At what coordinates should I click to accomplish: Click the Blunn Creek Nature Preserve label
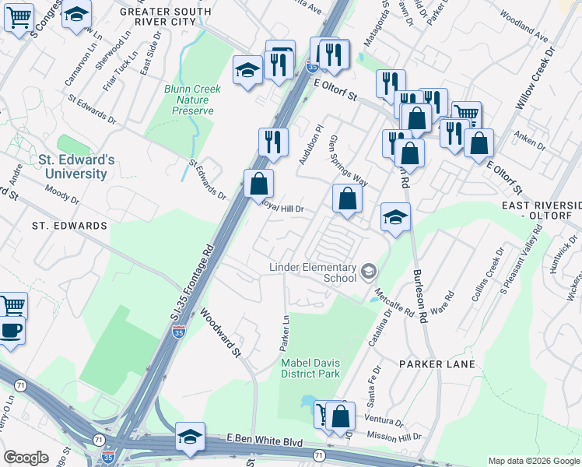(192, 100)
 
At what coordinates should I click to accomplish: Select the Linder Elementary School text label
(312, 272)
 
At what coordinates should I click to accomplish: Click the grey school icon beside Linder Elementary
(368, 272)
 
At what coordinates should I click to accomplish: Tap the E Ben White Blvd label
(264, 441)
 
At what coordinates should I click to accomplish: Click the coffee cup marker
(11, 329)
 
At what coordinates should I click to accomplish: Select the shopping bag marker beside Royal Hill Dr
(259, 184)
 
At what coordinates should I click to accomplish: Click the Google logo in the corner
(26, 458)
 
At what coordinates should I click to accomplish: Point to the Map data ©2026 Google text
(534, 461)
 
